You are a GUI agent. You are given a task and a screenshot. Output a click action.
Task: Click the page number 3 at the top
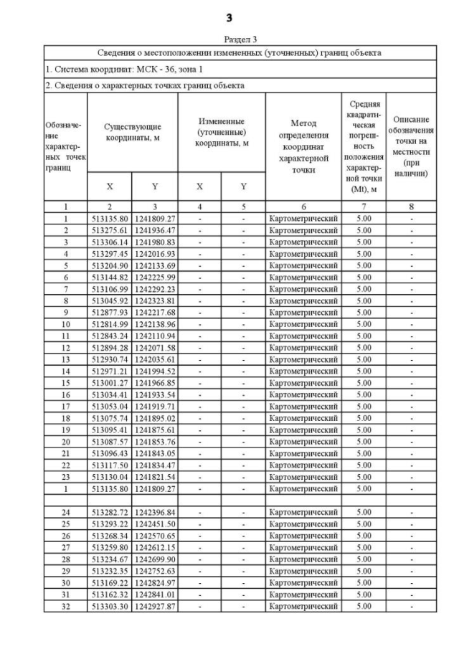229,17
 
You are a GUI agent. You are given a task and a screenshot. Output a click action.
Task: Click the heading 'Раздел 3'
229,39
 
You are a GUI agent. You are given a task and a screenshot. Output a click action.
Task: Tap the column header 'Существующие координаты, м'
132,133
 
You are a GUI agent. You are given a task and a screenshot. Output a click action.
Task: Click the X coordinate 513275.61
109,230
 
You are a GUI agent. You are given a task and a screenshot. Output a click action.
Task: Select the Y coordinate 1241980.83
154,242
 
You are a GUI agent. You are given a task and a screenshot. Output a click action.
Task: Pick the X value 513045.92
109,300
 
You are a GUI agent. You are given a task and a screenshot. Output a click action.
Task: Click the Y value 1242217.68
154,313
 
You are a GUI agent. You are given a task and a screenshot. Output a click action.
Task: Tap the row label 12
65,348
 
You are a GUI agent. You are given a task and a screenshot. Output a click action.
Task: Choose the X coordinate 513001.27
109,383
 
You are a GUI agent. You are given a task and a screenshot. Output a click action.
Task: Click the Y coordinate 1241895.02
154,418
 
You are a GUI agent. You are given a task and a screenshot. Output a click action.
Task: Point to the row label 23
65,477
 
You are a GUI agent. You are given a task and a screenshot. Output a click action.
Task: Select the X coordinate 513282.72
109,513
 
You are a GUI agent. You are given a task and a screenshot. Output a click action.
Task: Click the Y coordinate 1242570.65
154,536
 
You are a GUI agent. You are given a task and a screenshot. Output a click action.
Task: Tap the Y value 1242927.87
154,606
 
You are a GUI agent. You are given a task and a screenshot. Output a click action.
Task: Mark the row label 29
65,571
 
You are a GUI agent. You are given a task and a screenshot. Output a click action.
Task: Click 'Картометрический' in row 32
303,606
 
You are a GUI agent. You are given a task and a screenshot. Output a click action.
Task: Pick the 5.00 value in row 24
364,513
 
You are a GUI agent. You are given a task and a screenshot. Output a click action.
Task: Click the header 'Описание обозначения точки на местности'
411,146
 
